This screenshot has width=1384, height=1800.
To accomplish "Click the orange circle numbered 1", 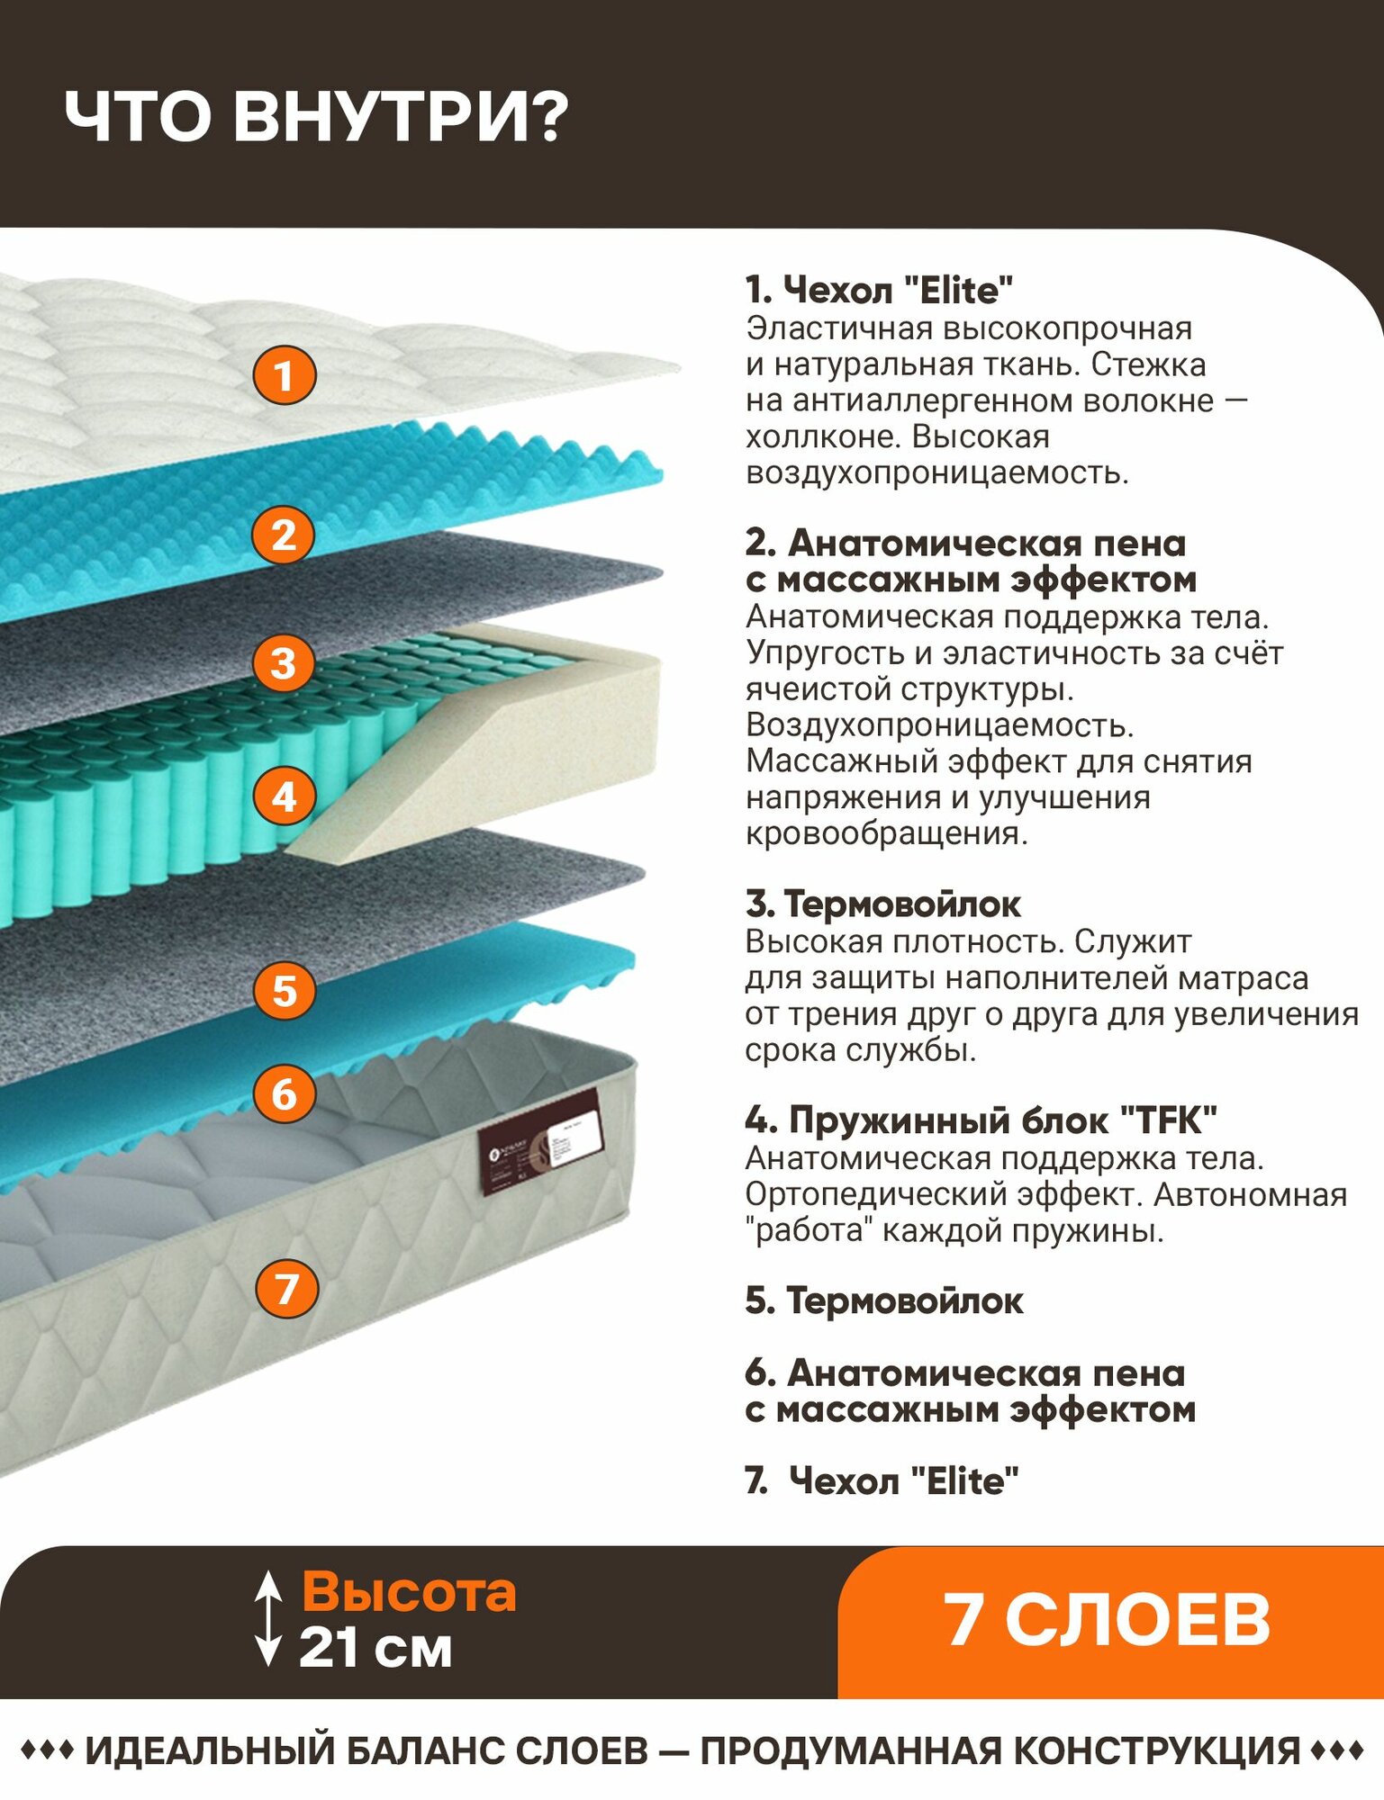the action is point(284,375).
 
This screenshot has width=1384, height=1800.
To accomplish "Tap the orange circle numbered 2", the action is point(284,535).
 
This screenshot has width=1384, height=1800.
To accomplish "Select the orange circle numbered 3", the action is point(284,664).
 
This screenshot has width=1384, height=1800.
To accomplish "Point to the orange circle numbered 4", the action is point(284,796).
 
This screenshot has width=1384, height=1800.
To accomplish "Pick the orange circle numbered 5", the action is point(284,991).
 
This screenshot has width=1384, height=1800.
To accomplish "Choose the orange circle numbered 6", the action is point(284,1094).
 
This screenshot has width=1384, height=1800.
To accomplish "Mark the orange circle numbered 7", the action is point(286,1288).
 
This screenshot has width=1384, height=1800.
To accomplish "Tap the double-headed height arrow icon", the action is point(267,1619).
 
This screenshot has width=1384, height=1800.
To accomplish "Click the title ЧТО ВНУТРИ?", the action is point(316,117).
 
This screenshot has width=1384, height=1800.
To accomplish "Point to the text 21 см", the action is point(375,1648).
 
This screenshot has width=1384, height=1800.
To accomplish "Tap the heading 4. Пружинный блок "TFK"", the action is point(981,1120).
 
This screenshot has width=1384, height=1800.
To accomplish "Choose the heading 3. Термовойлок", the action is point(882,904).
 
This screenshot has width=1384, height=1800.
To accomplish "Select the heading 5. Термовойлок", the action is point(883,1300).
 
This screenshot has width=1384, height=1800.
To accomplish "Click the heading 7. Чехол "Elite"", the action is point(882,1480).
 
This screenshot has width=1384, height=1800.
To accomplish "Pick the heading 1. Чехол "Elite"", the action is point(879,290).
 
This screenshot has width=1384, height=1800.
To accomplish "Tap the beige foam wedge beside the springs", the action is point(504,747).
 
